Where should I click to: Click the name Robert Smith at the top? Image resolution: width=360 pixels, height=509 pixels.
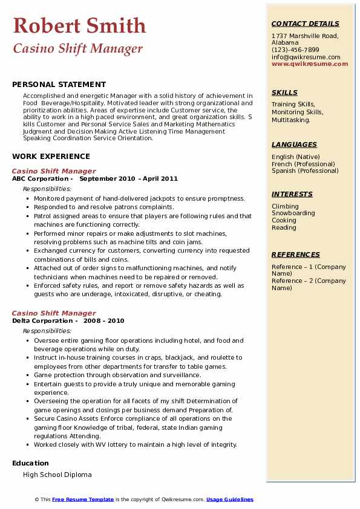(x=79, y=25)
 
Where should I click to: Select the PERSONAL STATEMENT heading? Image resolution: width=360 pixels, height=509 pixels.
(x=59, y=85)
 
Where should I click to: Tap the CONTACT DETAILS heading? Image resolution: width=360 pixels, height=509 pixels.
(x=305, y=24)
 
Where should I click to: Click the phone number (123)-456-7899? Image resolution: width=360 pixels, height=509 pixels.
(x=295, y=50)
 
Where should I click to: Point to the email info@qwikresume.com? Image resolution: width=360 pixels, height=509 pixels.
(x=306, y=57)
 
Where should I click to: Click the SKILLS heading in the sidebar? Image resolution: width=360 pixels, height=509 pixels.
(x=284, y=92)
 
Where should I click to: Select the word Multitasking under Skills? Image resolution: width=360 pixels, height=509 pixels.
(x=291, y=120)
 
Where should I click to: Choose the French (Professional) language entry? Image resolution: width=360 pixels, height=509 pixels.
(x=303, y=164)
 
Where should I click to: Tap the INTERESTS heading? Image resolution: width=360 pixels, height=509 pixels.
(x=292, y=194)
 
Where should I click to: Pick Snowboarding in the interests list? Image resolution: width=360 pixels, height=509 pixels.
(x=293, y=213)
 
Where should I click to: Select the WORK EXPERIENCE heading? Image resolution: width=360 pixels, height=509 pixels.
(x=51, y=156)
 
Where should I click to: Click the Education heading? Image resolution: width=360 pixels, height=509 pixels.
(x=31, y=463)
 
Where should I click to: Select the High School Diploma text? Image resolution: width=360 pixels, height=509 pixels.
(x=57, y=475)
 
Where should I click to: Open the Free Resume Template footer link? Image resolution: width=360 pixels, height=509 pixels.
(x=83, y=499)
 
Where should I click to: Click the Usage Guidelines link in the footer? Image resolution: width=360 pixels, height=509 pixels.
(x=229, y=499)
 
